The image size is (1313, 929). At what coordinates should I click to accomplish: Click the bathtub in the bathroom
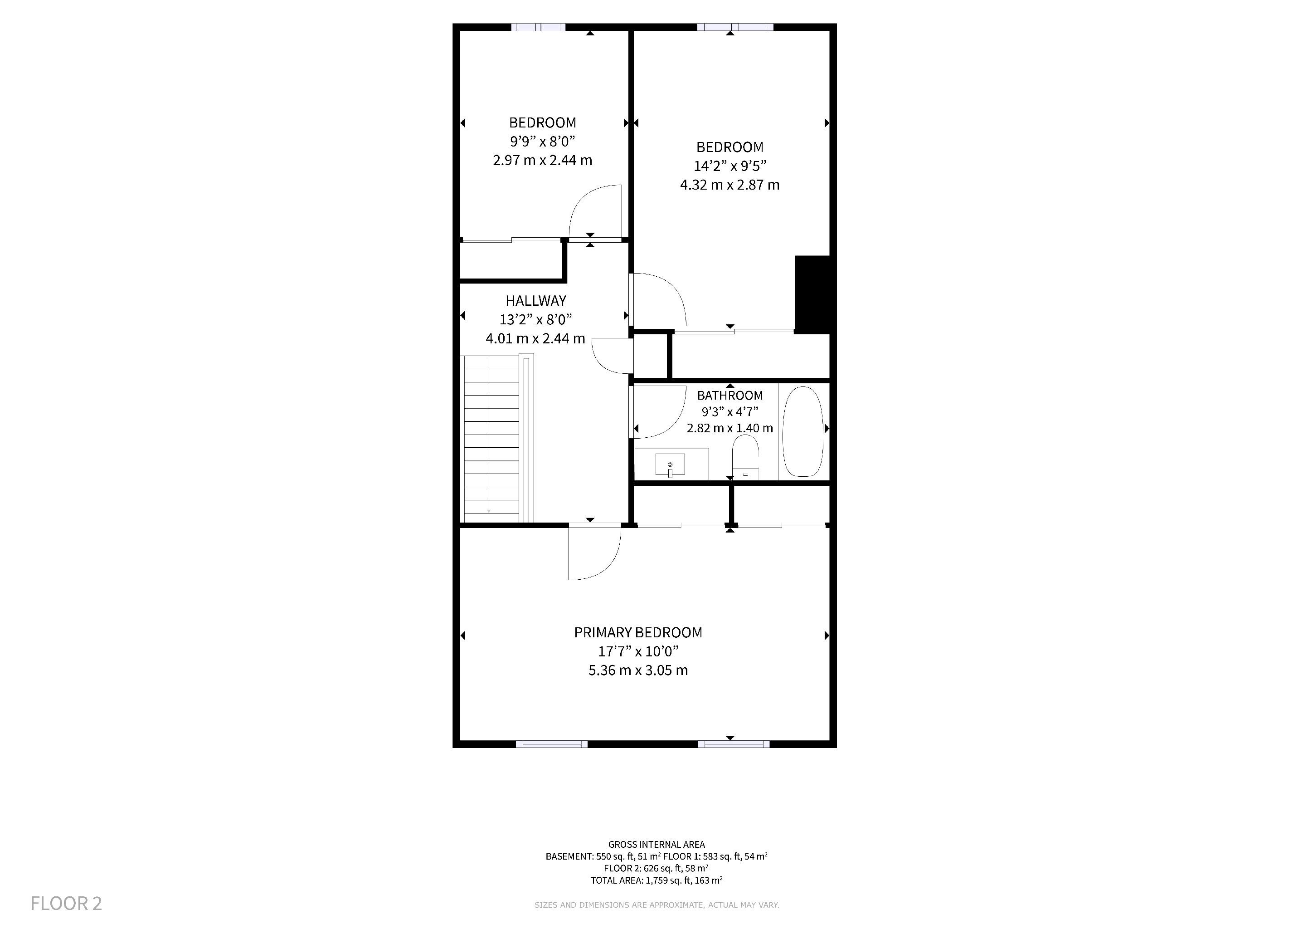pyautogui.click(x=803, y=431)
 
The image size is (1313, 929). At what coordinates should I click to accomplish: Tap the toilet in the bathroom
pyautogui.click(x=745, y=457)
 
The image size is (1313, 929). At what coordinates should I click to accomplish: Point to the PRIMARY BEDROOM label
pyautogui.click(x=638, y=632)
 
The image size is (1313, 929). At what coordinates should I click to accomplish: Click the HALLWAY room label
pyautogui.click(x=536, y=300)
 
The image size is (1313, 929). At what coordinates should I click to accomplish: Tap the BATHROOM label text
pyautogui.click(x=729, y=395)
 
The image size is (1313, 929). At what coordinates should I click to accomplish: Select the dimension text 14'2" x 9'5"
pyautogui.click(x=729, y=166)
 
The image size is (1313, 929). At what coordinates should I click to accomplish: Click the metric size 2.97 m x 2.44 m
pyautogui.click(x=543, y=160)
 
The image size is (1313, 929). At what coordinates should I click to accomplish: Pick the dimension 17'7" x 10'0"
pyautogui.click(x=638, y=651)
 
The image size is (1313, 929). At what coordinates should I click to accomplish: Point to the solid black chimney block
pyautogui.click(x=812, y=294)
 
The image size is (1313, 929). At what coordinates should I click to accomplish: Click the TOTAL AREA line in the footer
pyautogui.click(x=656, y=880)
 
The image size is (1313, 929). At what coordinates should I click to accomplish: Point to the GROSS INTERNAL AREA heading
pyautogui.click(x=656, y=844)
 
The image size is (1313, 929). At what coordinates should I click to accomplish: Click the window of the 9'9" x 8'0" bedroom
pyautogui.click(x=538, y=27)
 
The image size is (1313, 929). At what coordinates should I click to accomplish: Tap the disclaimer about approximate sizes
pyautogui.click(x=656, y=905)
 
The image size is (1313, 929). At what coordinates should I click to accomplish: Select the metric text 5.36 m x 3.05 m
pyautogui.click(x=638, y=670)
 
